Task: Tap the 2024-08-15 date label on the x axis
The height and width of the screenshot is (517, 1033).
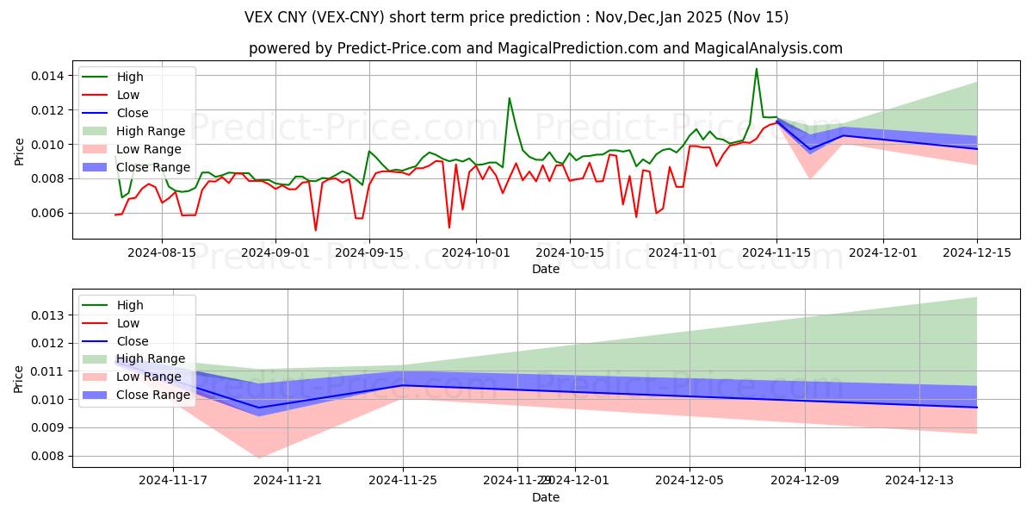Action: [x=162, y=252]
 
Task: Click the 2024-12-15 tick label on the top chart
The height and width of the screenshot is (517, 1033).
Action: [x=976, y=252]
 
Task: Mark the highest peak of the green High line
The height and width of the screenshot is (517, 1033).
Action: [x=757, y=69]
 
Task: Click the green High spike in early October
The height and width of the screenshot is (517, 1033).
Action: [x=510, y=98]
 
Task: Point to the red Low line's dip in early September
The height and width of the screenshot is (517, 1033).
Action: [x=315, y=230]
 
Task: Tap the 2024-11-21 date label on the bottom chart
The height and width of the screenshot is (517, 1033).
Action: [x=288, y=480]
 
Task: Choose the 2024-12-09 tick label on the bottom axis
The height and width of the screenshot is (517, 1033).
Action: [x=805, y=480]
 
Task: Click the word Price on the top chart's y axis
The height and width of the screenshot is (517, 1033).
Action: [x=20, y=152]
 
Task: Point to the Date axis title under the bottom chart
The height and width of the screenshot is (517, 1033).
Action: [x=546, y=497]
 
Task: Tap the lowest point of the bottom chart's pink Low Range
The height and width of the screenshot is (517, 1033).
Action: [x=259, y=458]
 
